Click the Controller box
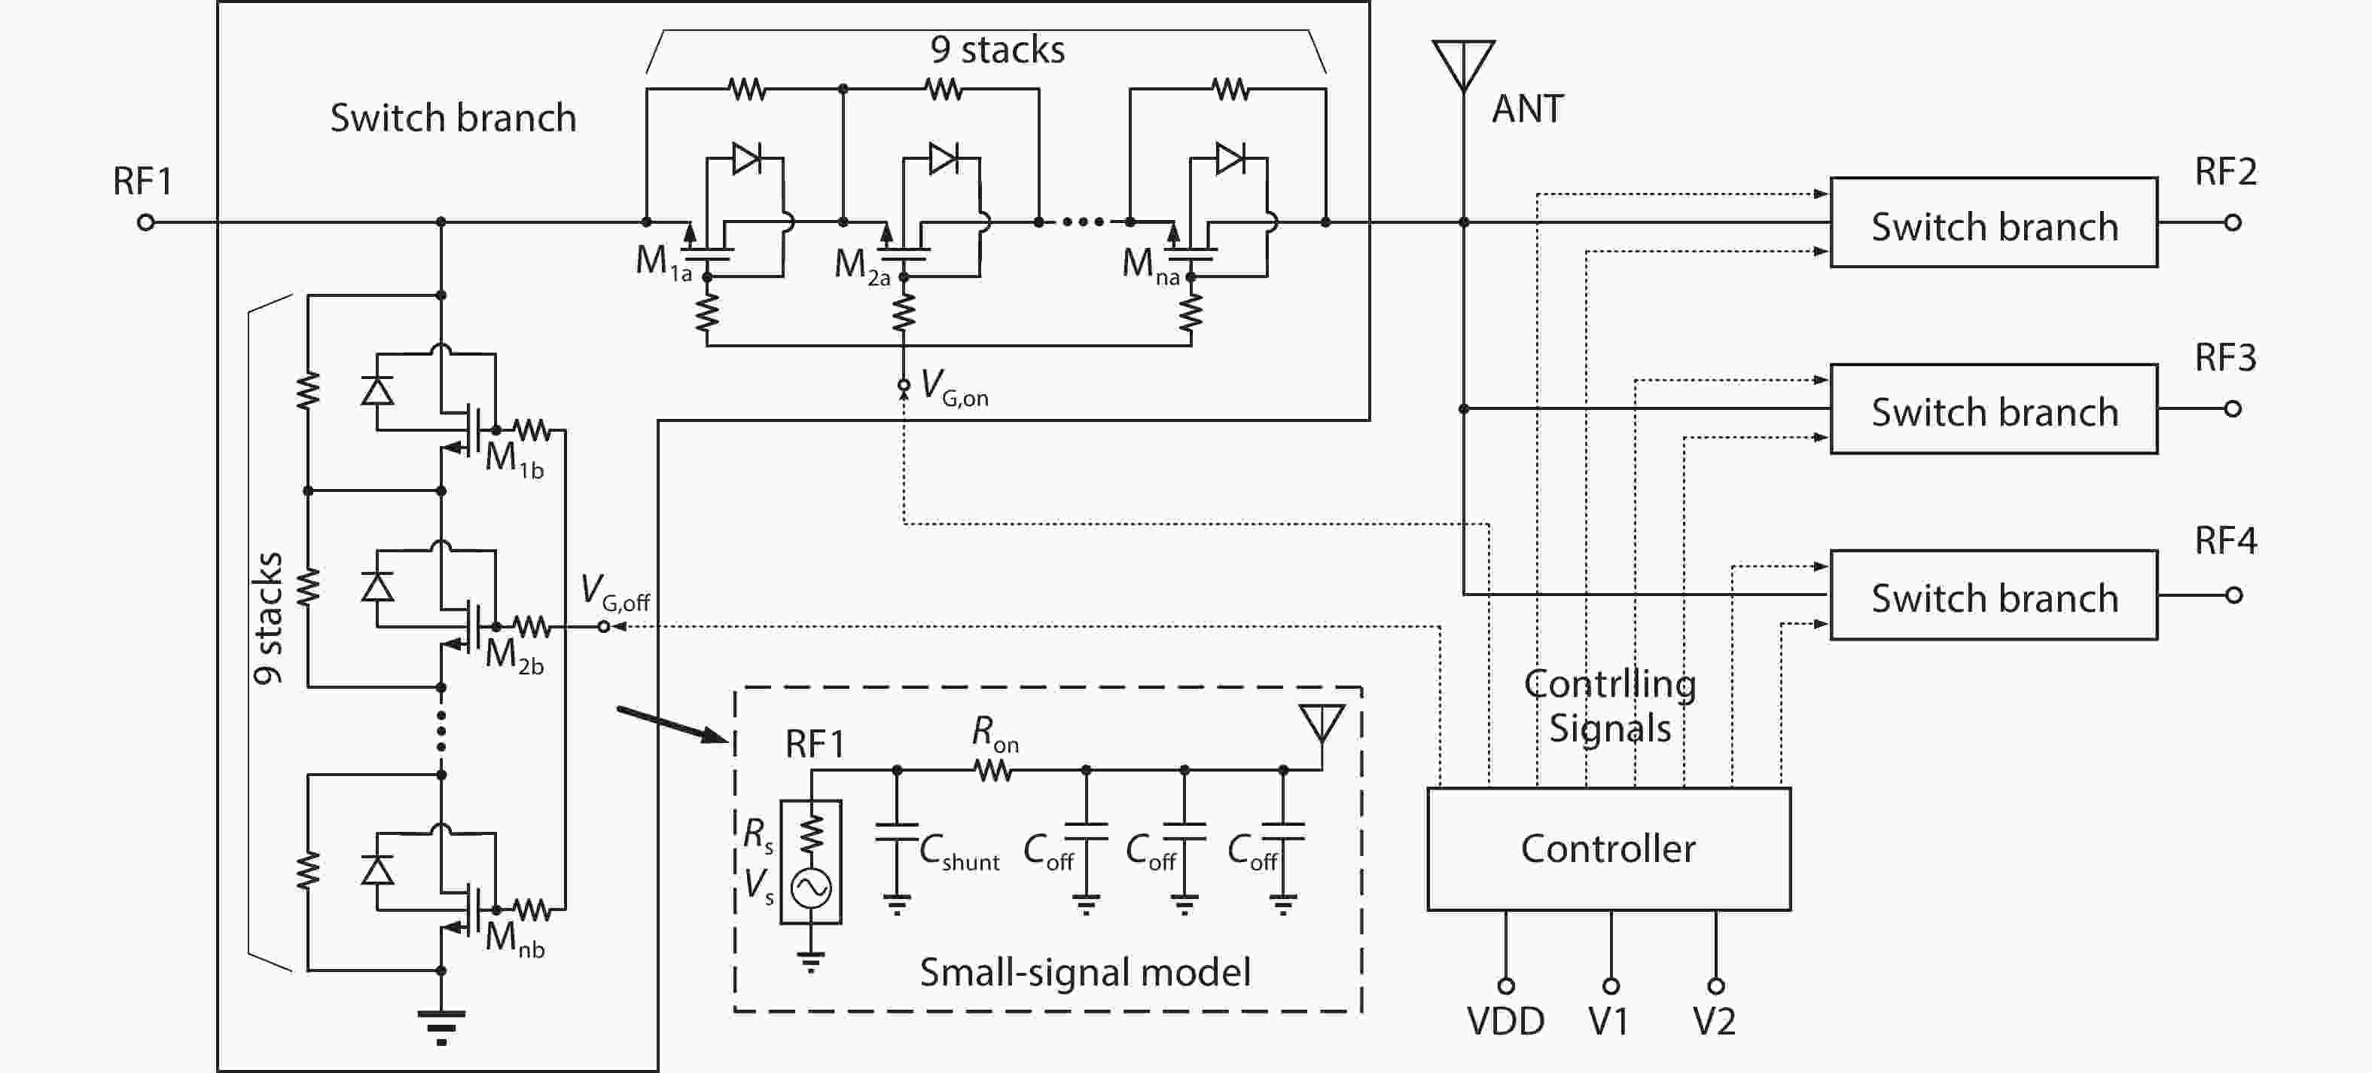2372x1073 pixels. click(x=1608, y=848)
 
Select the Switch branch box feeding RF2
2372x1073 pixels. click(x=1993, y=223)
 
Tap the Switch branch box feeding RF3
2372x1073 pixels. click(x=1993, y=409)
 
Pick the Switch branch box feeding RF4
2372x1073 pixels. click(x=1993, y=595)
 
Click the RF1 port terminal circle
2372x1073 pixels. click(x=145, y=223)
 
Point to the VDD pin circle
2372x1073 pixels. click(x=1505, y=986)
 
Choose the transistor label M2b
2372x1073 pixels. click(x=514, y=655)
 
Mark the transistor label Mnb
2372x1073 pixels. click(x=514, y=939)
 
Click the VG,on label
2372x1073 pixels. click(x=954, y=386)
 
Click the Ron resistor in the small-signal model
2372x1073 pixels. click(x=993, y=770)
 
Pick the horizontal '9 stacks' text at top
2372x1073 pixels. click(x=996, y=50)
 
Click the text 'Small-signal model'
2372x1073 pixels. click(x=1084, y=973)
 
